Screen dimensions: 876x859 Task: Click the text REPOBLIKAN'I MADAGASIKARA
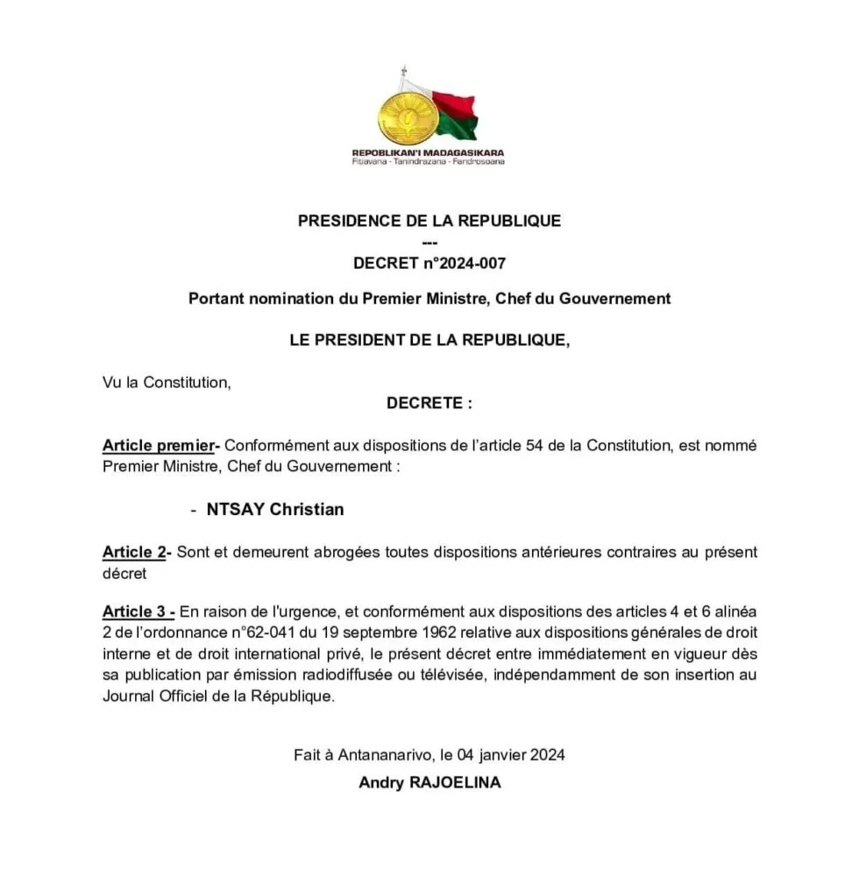click(428, 152)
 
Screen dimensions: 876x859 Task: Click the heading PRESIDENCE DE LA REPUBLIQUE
click(429, 221)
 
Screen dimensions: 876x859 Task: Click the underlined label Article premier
click(158, 445)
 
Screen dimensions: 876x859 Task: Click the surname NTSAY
click(236, 509)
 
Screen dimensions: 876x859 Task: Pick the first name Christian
click(307, 509)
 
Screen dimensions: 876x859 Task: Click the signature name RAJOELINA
click(456, 782)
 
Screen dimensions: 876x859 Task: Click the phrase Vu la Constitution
click(167, 382)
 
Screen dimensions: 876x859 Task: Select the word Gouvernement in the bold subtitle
click(615, 299)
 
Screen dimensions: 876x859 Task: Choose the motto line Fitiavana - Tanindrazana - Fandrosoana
click(428, 162)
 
